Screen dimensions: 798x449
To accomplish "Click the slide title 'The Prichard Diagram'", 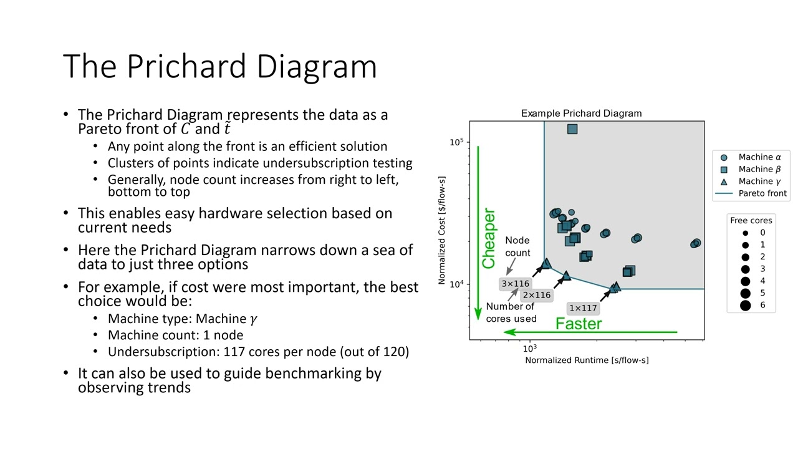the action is pos(220,66).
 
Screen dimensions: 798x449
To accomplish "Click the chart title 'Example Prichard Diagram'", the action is pos(581,113).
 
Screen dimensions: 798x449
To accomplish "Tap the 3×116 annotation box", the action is pos(516,284).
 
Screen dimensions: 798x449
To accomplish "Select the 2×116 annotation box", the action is pos(537,295).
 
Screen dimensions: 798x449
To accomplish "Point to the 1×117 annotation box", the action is pos(583,308).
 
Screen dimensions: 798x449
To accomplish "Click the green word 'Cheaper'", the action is pos(488,238).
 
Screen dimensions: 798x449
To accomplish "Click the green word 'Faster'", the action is pos(579,324).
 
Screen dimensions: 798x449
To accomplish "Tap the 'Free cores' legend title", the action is pos(751,221).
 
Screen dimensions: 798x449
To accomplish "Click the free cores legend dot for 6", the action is pos(745,306).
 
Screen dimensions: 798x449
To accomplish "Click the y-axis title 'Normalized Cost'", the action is pos(442,230).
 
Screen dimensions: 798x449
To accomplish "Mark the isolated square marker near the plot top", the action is pos(572,129).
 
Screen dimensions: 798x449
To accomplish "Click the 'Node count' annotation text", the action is pos(517,246).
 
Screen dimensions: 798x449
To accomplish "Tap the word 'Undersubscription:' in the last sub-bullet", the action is pos(163,352).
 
